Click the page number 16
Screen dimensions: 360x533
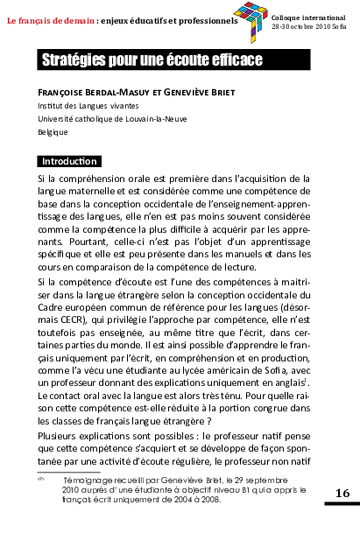342,494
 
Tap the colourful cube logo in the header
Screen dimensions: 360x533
255,21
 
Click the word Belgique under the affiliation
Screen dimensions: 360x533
53,131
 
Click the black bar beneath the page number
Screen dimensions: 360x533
342,505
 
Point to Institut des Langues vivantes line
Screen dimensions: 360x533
81,104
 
